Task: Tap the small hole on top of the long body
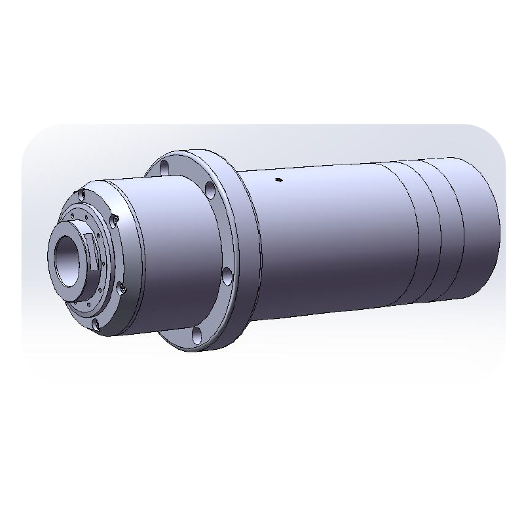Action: (278, 179)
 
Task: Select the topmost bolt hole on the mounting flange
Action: (165, 165)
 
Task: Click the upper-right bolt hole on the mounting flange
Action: (210, 191)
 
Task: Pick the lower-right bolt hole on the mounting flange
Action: (227, 276)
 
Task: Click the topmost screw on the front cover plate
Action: (81, 193)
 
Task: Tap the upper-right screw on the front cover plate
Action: (115, 217)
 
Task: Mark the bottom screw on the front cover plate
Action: (96, 324)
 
